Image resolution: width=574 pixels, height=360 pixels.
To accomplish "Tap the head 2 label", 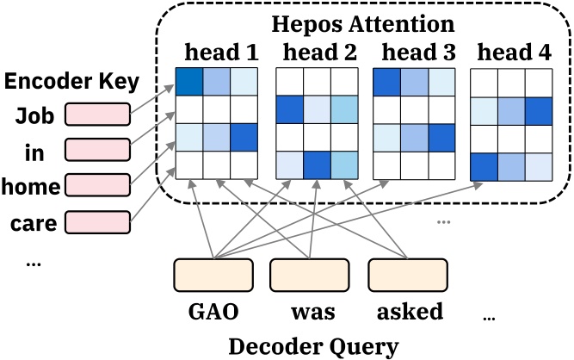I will (319, 52).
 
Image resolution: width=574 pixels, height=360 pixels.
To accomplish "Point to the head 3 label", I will (417, 52).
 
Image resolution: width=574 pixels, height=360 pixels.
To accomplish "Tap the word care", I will (34, 224).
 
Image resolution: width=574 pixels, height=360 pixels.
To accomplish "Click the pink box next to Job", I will (97, 114).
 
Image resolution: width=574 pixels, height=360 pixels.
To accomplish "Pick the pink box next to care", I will (97, 222).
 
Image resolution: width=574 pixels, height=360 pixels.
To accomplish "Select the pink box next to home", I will (97, 184).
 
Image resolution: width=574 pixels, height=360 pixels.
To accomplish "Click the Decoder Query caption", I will (313, 346).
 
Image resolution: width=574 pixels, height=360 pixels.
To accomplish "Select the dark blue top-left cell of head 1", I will (189, 81).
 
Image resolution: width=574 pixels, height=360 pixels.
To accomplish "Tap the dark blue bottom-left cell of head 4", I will (485, 164).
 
